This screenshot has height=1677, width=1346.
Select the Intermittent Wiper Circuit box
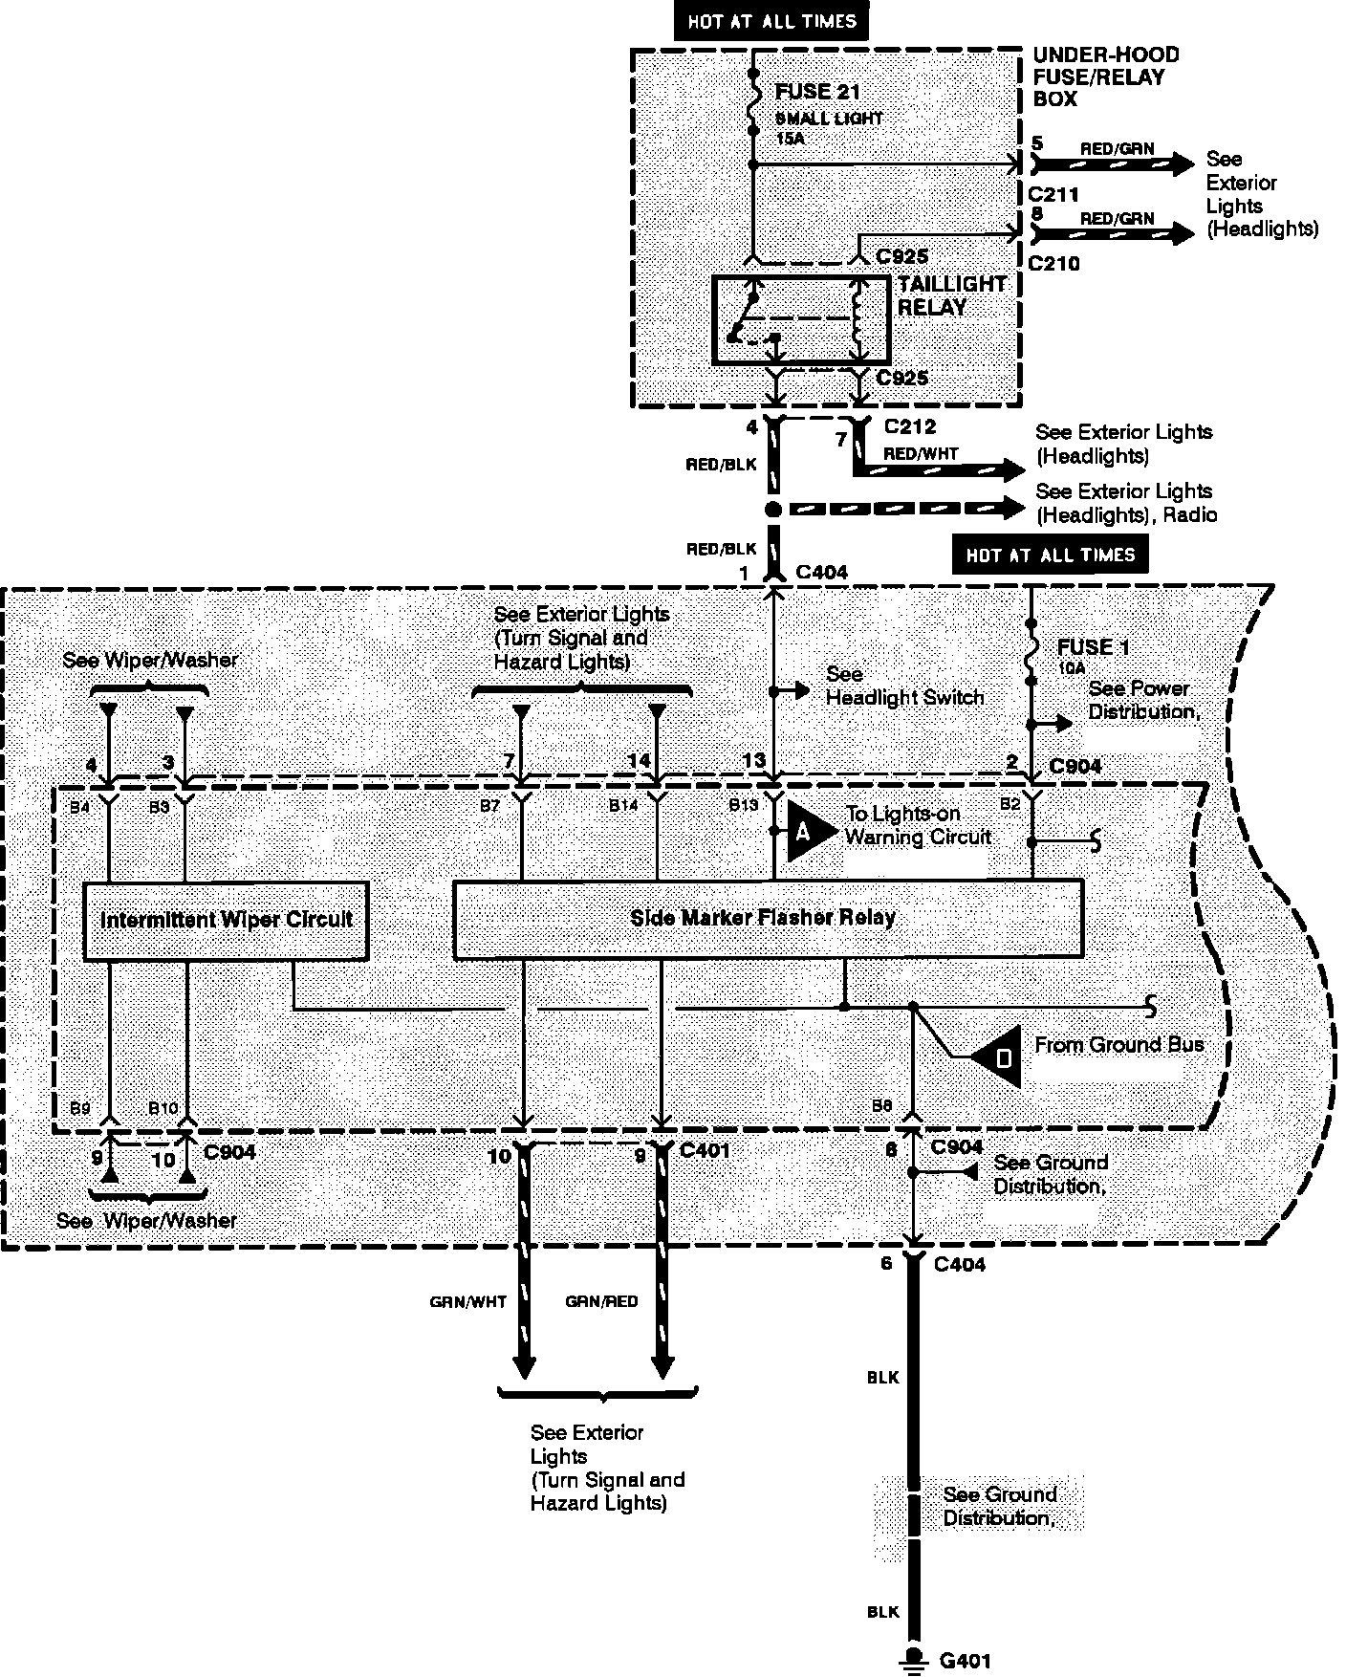[226, 921]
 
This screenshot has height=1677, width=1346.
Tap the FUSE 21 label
[817, 93]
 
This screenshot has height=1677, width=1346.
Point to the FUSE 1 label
[1093, 647]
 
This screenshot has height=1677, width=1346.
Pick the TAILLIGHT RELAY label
[951, 295]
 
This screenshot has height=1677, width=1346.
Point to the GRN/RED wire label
[601, 1301]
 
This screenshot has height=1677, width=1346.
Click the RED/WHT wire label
[921, 454]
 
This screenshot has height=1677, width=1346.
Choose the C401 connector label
[705, 1150]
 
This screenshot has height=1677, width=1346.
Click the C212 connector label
[909, 426]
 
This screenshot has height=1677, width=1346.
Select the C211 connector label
[1054, 195]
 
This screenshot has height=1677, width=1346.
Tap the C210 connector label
[1054, 263]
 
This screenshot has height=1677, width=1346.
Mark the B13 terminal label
[743, 805]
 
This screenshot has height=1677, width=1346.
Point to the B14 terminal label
[623, 805]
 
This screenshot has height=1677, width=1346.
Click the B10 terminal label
[163, 1108]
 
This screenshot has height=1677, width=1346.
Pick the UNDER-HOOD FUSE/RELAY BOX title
[1105, 76]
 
